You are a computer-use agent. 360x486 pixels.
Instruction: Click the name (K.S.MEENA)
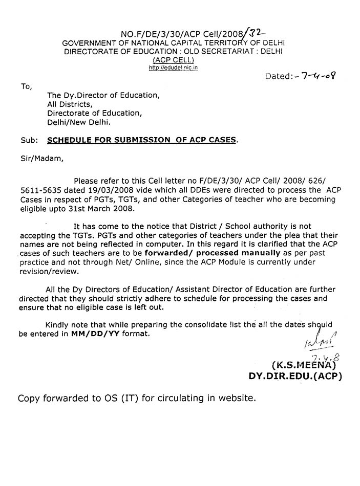(x=303, y=365)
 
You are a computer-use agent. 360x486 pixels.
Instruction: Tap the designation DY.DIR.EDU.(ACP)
(x=295, y=377)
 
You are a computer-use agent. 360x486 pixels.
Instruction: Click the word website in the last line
(x=228, y=398)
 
